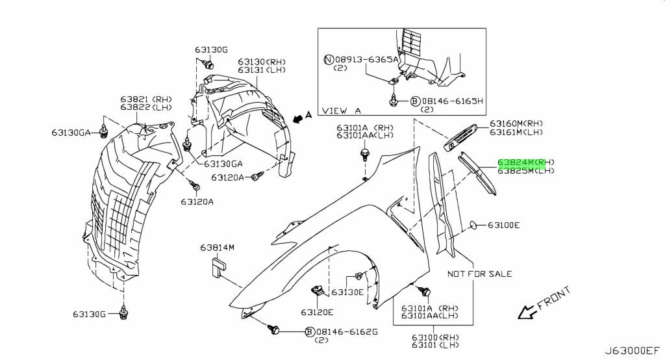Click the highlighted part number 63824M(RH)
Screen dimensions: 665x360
pyautogui.click(x=526, y=162)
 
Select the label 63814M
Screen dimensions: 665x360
pyautogui.click(x=217, y=247)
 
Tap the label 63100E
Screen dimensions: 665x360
pyautogui.click(x=503, y=225)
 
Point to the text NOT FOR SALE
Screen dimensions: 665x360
pyautogui.click(x=480, y=274)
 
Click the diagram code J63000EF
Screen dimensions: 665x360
pyautogui.click(x=633, y=351)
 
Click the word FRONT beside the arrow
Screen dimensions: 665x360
pyautogui.click(x=555, y=298)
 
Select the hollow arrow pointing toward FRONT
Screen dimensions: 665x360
pyautogui.click(x=527, y=312)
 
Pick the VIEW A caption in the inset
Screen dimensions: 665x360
pyautogui.click(x=342, y=111)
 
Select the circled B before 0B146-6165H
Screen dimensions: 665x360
pyautogui.click(x=415, y=101)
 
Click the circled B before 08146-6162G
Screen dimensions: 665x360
pyautogui.click(x=310, y=331)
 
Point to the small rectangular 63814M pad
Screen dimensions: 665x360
pyautogui.click(x=218, y=267)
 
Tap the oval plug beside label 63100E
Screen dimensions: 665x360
pyautogui.click(x=473, y=225)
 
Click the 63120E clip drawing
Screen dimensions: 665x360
pyautogui.click(x=317, y=292)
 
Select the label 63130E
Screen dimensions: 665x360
pyautogui.click(x=347, y=292)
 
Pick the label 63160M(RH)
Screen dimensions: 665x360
pyautogui.click(x=516, y=123)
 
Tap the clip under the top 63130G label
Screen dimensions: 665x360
pyautogui.click(x=208, y=65)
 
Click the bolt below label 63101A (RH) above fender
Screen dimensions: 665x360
pyautogui.click(x=364, y=155)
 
